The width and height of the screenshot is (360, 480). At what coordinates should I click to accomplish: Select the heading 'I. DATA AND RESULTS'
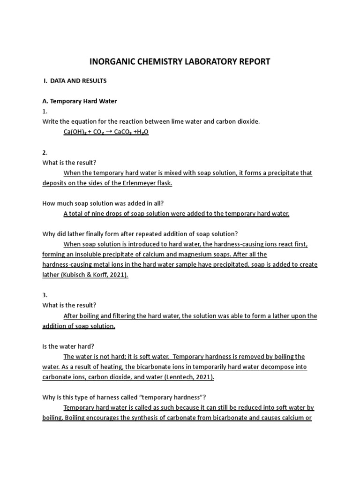click(75, 81)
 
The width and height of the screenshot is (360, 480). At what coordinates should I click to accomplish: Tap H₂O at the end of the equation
click(142, 132)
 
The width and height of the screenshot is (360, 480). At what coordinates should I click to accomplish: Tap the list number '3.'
click(45, 295)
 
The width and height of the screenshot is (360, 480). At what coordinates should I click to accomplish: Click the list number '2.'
click(45, 152)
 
